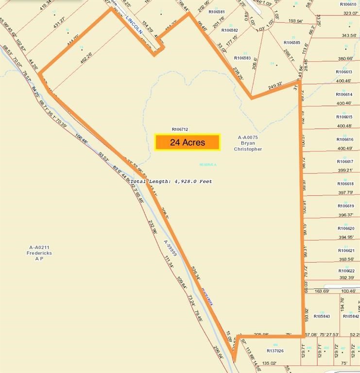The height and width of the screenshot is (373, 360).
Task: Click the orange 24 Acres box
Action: click(188, 142)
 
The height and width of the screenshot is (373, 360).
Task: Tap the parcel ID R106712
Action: click(180, 129)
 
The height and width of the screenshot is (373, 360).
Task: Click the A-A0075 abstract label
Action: click(248, 137)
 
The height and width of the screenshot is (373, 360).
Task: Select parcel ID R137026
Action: click(275, 350)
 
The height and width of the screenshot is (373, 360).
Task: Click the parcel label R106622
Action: click(345, 271)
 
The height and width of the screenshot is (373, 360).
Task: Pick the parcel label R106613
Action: click(345, 72)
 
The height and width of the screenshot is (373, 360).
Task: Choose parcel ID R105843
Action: click(322, 316)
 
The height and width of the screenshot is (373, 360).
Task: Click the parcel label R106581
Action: click(217, 12)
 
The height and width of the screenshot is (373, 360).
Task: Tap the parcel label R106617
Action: click(345, 162)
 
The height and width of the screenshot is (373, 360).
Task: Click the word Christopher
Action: click(248, 149)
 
